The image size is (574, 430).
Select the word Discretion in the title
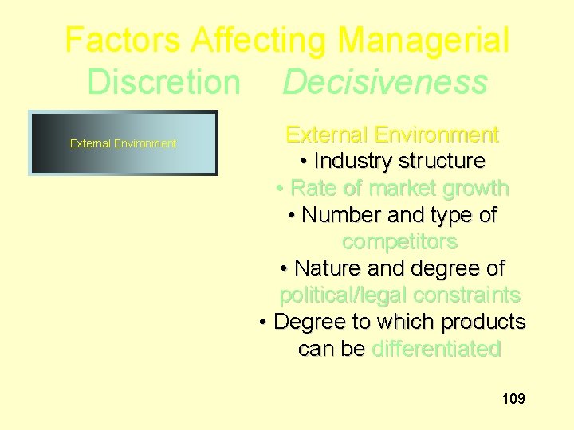click(163, 81)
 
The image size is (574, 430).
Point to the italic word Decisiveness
click(384, 81)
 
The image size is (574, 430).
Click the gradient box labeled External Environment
click(123, 143)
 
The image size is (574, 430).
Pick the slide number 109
click(513, 398)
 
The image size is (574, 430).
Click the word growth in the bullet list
click(478, 188)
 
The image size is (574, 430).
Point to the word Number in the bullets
click(341, 215)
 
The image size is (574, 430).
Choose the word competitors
click(399, 241)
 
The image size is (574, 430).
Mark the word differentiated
click(436, 349)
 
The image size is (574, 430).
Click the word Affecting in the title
click(254, 40)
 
